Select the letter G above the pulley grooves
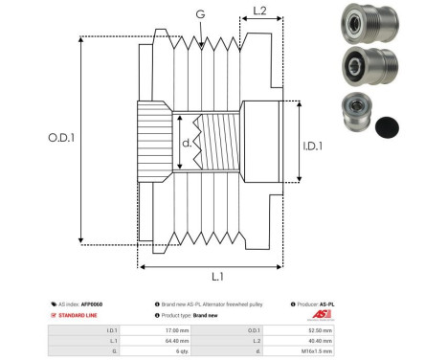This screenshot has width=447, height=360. coord(199,14)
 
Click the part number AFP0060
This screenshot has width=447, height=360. coord(92,304)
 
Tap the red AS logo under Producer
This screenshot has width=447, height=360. coord(320,315)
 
